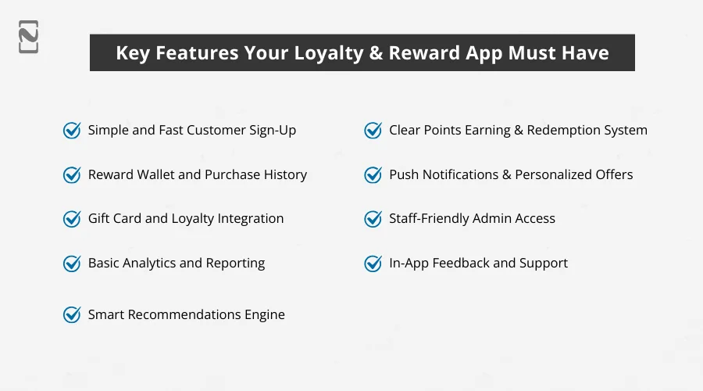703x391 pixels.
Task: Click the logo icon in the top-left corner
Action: (x=29, y=38)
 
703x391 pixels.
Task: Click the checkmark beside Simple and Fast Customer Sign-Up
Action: (x=72, y=131)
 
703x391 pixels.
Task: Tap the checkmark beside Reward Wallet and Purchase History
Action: (x=72, y=175)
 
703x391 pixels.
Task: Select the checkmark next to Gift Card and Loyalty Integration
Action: (x=72, y=219)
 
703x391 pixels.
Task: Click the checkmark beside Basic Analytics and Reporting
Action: (x=72, y=264)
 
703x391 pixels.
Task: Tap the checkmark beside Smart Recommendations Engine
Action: (x=72, y=315)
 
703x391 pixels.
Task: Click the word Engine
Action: (x=264, y=315)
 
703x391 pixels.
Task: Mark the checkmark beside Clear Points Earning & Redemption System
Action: (x=373, y=131)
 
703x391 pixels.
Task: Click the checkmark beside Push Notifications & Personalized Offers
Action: (x=373, y=175)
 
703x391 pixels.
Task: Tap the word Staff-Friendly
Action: (x=431, y=219)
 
